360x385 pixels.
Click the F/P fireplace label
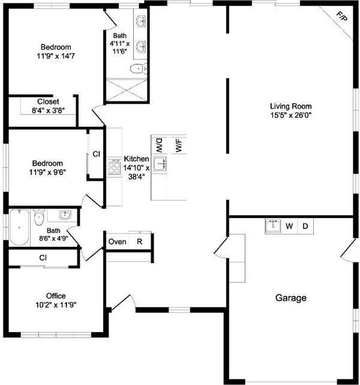[341, 16]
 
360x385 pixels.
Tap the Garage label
[291, 298]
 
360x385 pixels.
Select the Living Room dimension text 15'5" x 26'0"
[291, 115]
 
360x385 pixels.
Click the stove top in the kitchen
[114, 167]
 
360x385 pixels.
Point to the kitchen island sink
[160, 163]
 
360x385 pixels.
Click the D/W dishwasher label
[159, 145]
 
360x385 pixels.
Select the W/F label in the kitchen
[179, 145]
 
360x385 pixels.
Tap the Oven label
[117, 241]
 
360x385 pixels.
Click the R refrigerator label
[140, 241]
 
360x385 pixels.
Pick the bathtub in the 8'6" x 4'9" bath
[19, 228]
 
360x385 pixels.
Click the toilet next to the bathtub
[39, 217]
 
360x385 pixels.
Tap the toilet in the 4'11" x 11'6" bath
[139, 68]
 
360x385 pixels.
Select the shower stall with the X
[127, 90]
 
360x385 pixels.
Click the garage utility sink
[273, 226]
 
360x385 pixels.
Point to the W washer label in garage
[289, 226]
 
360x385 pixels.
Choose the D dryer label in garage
[305, 226]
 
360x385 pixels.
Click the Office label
[56, 296]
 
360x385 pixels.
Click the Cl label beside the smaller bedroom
[97, 154]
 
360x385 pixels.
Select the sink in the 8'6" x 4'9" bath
[65, 215]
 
